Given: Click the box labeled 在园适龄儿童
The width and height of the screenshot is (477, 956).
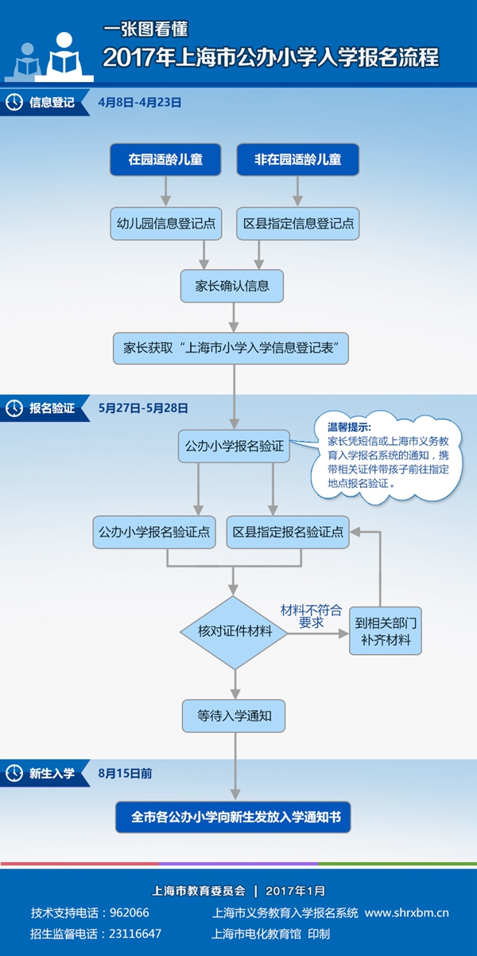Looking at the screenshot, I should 165,160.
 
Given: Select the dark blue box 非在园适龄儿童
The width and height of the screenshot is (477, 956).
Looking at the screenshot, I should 297,160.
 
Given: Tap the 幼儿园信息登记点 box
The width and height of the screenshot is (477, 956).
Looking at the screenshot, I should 165,224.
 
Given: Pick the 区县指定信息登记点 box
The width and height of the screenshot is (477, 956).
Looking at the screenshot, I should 297,224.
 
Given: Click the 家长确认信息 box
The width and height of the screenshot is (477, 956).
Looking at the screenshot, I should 231,286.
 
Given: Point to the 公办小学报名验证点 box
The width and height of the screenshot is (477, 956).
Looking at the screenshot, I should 155,532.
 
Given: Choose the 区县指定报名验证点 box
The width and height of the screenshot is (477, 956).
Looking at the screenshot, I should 288,532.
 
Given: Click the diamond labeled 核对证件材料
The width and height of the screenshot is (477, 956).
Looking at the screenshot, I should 235,632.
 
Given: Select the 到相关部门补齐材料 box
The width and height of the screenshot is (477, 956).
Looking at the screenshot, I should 385,632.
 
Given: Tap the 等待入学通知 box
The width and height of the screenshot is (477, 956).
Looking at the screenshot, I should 235,716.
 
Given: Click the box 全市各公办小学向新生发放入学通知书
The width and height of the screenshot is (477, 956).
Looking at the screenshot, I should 235,817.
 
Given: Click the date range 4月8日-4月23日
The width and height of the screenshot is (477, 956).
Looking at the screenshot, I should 140,103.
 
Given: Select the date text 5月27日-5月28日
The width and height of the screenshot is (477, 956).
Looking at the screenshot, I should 143,408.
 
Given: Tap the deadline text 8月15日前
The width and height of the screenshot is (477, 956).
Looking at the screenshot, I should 126,773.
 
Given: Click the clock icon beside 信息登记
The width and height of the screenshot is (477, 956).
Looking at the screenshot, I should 14,103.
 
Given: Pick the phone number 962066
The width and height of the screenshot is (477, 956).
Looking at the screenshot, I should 128,913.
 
